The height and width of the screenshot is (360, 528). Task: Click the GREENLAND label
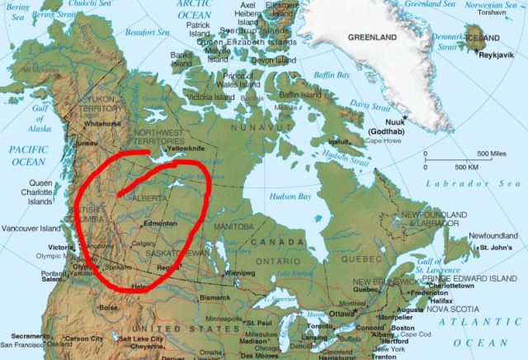pos(372,38)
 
